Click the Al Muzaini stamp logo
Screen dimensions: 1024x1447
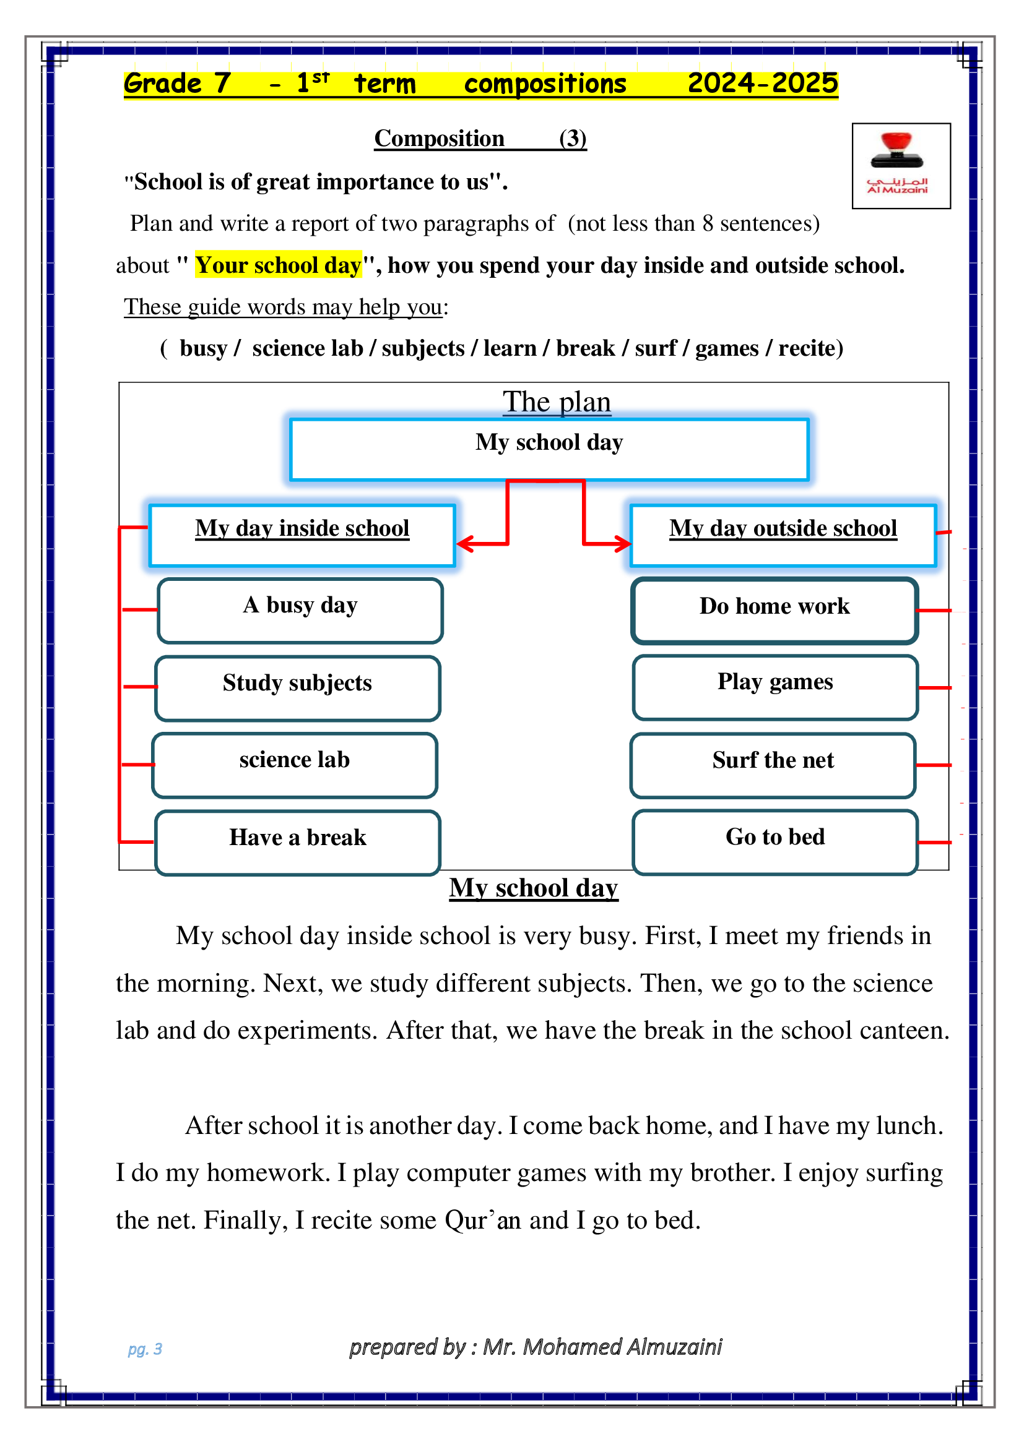tap(901, 166)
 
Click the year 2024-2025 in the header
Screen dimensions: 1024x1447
tap(762, 83)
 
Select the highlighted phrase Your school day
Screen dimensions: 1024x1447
tap(278, 265)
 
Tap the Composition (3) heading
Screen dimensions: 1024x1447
tap(480, 138)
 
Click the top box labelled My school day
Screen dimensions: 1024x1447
tap(549, 449)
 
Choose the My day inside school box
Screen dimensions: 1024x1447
tap(302, 535)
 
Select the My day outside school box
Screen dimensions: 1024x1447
tap(783, 535)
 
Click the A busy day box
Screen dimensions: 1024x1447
tap(300, 611)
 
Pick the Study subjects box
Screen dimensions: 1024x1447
tap(298, 688)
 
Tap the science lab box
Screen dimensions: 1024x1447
tap(295, 765)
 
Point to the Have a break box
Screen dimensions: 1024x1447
tap(298, 843)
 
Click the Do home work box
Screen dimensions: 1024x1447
tap(775, 611)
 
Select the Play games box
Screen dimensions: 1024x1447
tap(776, 687)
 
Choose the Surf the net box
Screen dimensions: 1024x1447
tap(773, 765)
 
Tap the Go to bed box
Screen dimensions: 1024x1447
tap(776, 843)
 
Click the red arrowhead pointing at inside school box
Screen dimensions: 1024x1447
tap(466, 544)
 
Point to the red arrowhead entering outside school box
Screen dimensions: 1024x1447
tap(623, 543)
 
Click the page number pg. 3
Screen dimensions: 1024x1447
tap(145, 1349)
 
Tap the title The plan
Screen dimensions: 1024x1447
tap(557, 401)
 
